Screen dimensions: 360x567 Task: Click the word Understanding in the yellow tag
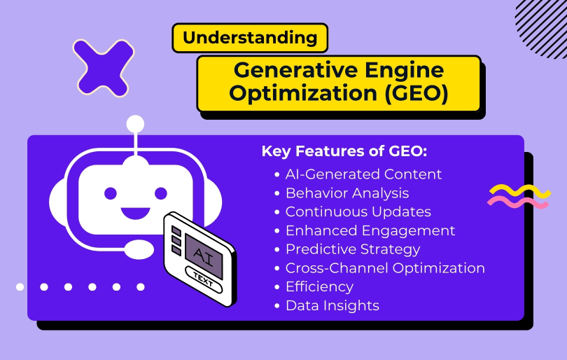pos(249,38)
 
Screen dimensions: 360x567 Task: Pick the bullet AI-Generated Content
pos(363,174)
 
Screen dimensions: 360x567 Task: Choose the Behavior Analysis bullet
pos(346,193)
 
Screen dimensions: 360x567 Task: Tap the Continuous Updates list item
pos(358,212)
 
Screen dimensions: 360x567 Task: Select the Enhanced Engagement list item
pos(370,230)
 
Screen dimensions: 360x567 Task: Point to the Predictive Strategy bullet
pos(352,249)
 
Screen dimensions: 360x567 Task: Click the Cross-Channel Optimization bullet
pos(384,268)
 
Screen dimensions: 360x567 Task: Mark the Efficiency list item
pos(319,287)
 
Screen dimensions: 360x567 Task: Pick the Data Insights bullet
pos(332,306)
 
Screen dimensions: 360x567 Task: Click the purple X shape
pos(104,67)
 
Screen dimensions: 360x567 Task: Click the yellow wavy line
pos(519,191)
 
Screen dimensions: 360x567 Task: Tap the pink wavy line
pos(519,203)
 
